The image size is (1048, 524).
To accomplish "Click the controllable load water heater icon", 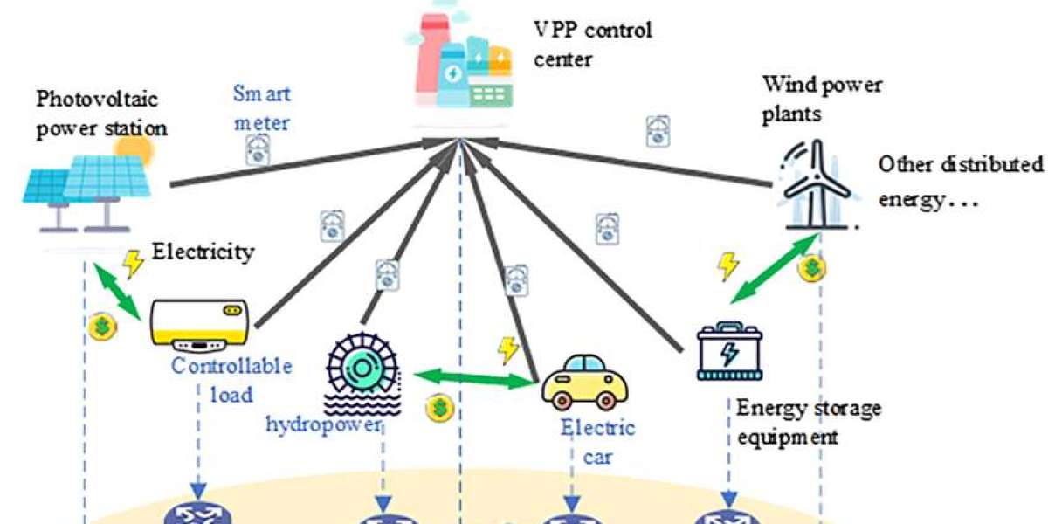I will pyautogui.click(x=200, y=325).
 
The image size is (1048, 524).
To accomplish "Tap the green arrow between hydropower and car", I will pyautogui.click(x=474, y=378).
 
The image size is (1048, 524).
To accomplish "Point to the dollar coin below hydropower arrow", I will pyautogui.click(x=438, y=407).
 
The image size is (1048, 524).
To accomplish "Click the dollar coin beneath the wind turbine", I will pyautogui.click(x=810, y=269).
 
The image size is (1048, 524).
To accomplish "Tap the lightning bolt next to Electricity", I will pyautogui.click(x=133, y=262).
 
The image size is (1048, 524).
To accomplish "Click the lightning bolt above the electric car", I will pyautogui.click(x=507, y=349).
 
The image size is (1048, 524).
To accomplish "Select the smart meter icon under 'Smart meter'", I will pyautogui.click(x=258, y=150).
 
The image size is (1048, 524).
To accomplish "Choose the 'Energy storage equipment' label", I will pyautogui.click(x=808, y=422).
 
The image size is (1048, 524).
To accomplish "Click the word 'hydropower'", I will pyautogui.click(x=324, y=424).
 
